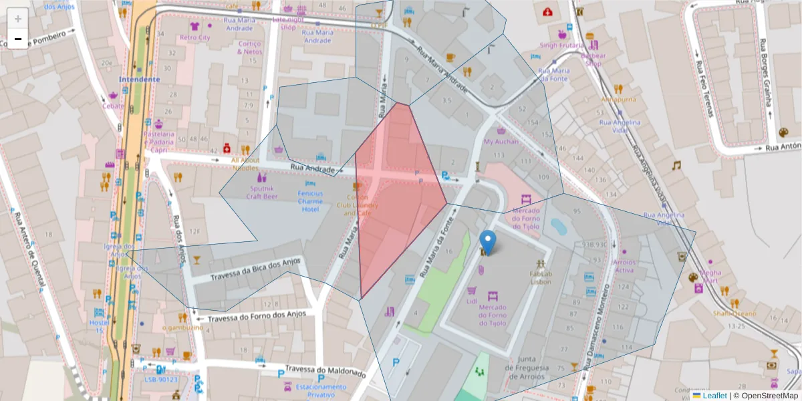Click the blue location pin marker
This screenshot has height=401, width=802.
[489, 242]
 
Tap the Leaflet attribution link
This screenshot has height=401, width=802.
[714, 396]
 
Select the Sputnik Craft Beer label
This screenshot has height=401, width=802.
[261, 192]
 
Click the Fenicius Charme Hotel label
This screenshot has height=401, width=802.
[310, 201]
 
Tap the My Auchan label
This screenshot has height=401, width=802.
[501, 142]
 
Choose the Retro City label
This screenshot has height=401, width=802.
[194, 37]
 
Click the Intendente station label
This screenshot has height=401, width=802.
[139, 79]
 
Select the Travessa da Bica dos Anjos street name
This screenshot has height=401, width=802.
[256, 269]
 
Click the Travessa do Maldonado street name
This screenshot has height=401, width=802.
[325, 370]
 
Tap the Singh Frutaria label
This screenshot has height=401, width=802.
[562, 45]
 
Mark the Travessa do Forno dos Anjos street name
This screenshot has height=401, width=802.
[257, 316]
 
